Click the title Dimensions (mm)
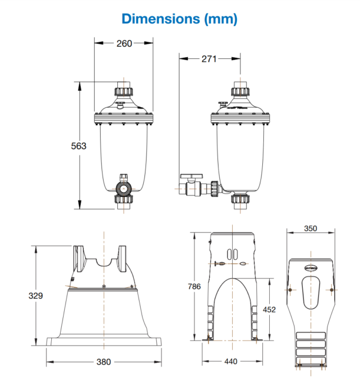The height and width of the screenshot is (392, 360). tap(180, 18)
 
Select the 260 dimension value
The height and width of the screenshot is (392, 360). tap(124, 43)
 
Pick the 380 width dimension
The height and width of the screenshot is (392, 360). tap(104, 363)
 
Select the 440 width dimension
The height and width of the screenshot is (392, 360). tap(231, 363)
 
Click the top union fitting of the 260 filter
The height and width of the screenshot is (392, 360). tap(124, 91)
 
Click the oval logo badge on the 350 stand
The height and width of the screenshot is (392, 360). tap(311, 266)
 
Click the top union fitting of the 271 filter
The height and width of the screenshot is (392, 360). tap(240, 91)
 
